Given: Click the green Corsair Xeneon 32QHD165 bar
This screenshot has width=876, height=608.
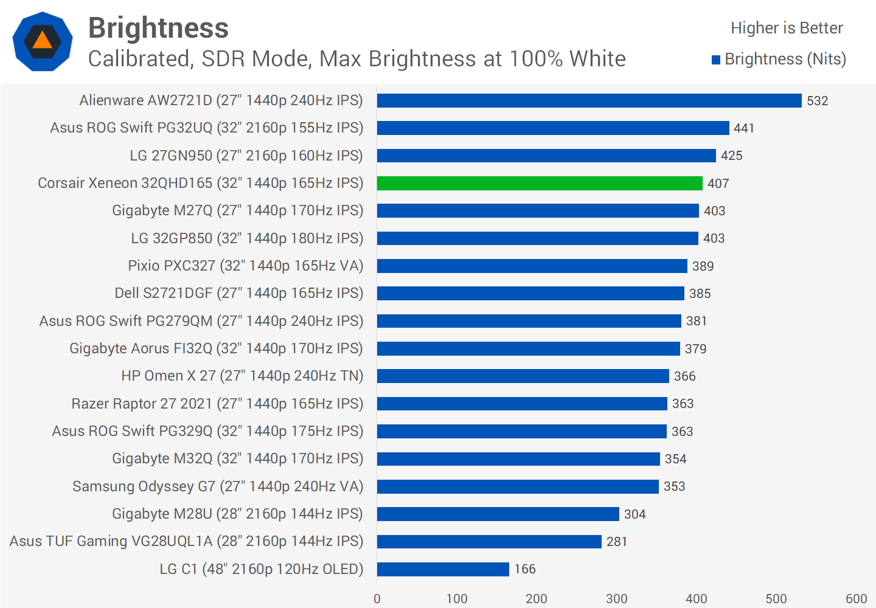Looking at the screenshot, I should coord(540,183).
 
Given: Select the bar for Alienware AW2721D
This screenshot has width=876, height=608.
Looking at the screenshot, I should coord(589,100).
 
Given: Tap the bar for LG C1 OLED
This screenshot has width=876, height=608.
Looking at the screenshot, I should coord(443,569).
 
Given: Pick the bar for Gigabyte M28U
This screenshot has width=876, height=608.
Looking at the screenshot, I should coord(498,514).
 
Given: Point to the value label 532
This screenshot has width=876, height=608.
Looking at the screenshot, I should coord(817,101).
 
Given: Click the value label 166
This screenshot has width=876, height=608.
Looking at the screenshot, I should coord(524,569).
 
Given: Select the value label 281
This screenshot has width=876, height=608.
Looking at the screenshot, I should coord(616,542).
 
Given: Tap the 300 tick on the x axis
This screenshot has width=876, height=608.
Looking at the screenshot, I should coord(616,599).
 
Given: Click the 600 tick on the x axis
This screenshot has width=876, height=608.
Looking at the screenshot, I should coord(856,599).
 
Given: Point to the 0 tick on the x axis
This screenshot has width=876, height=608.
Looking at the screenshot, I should coord(377,599).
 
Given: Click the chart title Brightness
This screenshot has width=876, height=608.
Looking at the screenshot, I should coord(158,28).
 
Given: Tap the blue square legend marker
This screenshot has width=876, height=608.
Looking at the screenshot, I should coord(716,60).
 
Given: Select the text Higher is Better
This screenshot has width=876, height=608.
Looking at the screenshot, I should coord(787,28).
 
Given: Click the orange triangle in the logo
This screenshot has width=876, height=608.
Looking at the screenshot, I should coord(43,41).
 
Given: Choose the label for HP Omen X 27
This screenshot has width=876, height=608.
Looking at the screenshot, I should coord(242,376).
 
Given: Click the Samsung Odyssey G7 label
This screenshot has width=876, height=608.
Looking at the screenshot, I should coord(218,486).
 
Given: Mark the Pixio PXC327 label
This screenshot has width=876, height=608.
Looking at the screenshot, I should coord(245,266).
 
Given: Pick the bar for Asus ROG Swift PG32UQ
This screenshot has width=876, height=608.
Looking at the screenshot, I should coord(553,128).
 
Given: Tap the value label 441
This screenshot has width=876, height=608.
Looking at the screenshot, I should coord(743,128).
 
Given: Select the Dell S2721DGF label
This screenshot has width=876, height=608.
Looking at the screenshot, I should coord(239,293).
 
